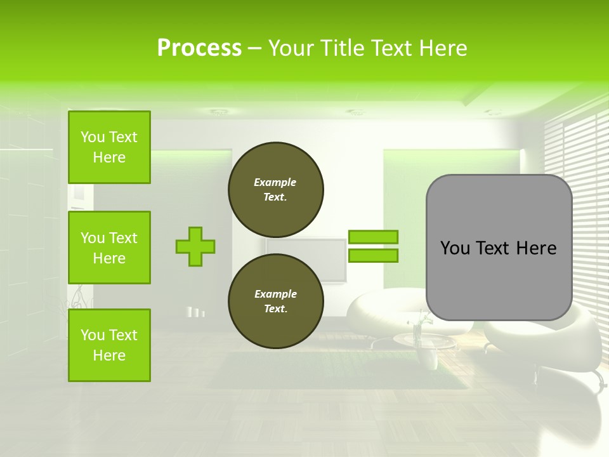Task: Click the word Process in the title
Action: [199, 48]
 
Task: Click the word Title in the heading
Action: [342, 48]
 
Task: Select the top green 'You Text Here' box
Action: [109, 147]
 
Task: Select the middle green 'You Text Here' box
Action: [109, 248]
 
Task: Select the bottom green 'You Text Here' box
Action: [109, 345]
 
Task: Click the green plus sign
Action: [195, 246]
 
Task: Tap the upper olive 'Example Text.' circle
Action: [276, 190]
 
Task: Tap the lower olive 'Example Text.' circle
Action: [276, 301]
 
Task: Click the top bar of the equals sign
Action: [373, 237]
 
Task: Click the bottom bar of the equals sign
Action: [373, 256]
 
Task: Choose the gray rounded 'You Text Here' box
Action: [499, 248]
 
